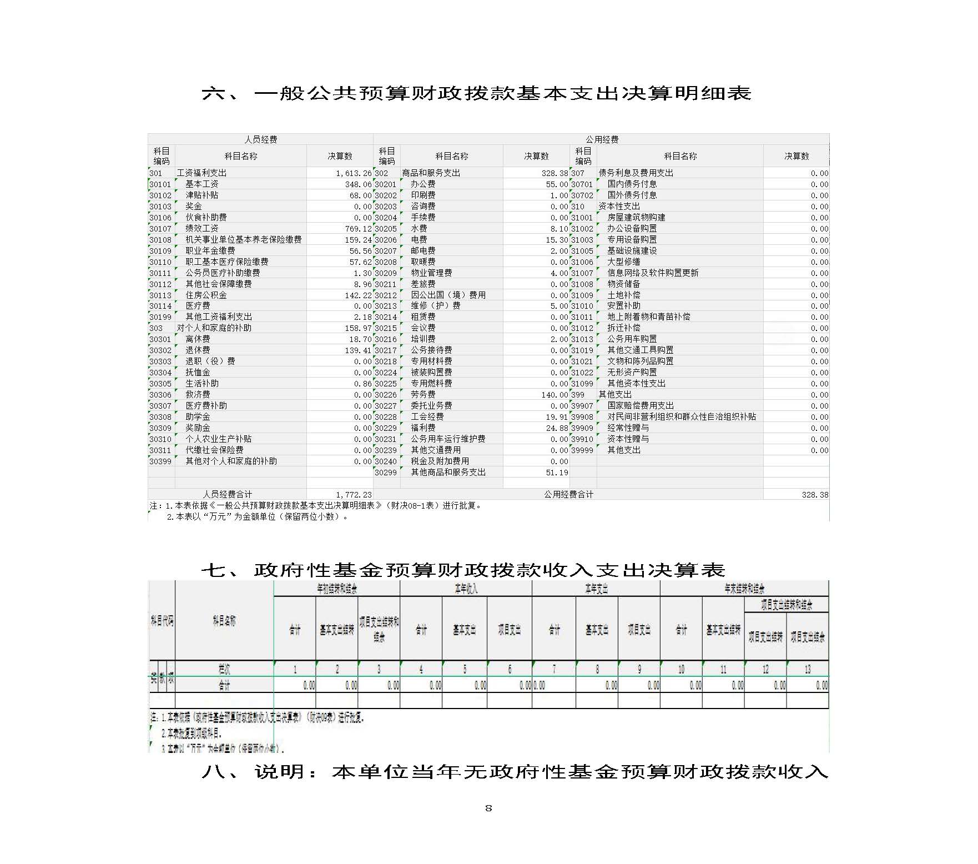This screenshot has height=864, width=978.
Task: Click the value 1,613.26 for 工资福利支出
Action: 354,173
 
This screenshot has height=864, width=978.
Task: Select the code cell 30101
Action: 160,184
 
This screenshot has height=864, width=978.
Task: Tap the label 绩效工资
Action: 202,229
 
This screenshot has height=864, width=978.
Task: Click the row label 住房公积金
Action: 206,295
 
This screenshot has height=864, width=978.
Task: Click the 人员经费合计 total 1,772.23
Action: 354,494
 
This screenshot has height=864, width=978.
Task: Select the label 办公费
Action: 423,184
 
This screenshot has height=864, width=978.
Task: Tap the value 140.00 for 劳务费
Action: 554,395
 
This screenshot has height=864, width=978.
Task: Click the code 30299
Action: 386,473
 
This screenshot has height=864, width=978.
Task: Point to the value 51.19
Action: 557,473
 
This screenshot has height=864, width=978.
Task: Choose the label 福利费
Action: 423,428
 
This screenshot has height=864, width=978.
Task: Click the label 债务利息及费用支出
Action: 636,173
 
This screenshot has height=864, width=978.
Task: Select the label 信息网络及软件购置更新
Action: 653,273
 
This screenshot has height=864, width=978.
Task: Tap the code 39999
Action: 582,450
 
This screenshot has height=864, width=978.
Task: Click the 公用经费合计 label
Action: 568,494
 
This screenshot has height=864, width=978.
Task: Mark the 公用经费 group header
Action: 602,139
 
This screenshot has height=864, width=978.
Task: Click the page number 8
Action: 488,808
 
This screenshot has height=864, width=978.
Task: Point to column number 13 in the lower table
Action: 808,669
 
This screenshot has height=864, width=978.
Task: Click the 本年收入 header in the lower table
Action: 466,589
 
